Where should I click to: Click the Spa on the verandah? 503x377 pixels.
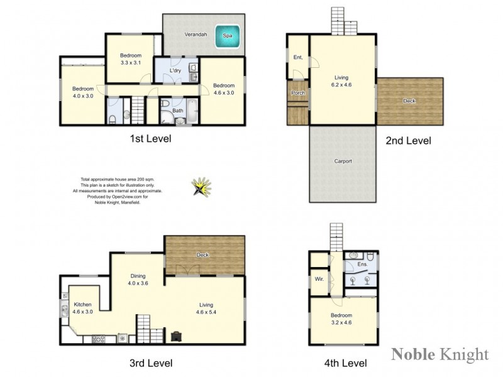tap(228, 35)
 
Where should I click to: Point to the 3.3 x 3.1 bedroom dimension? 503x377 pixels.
tap(131, 63)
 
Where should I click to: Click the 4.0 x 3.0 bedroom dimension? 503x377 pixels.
tap(82, 96)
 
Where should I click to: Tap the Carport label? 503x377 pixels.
tap(343, 161)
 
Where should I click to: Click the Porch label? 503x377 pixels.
tap(297, 93)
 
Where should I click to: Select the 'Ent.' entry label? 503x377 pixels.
tap(298, 58)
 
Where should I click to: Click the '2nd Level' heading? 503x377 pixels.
tap(408, 141)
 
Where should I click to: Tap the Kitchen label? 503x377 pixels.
tap(82, 303)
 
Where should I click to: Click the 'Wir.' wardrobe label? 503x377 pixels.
tap(319, 278)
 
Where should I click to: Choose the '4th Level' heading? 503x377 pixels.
tap(345, 363)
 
